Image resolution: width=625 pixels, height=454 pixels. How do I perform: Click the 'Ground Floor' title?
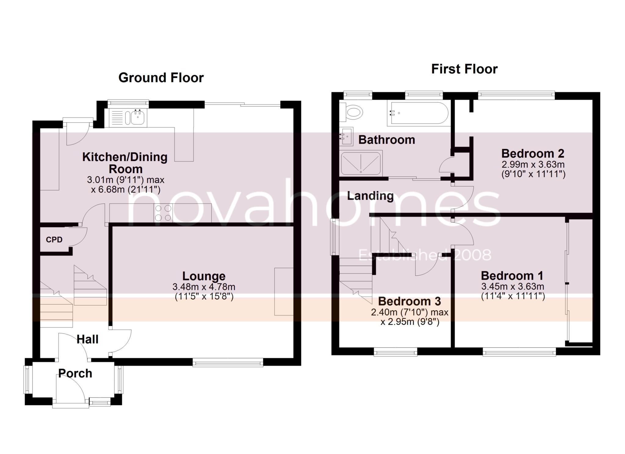[x=161, y=78]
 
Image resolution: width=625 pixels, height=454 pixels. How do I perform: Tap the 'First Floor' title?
[x=464, y=69]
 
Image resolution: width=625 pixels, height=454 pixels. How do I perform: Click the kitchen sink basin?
[x=138, y=117]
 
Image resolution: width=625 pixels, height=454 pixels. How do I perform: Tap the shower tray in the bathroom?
[x=361, y=163]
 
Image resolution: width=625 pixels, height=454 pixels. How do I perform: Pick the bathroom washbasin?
[x=346, y=136]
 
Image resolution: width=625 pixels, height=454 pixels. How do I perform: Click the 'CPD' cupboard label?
[x=54, y=240]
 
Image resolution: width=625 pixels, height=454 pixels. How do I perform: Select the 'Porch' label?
[x=75, y=374]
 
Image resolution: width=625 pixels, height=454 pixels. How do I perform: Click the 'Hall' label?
[x=87, y=339]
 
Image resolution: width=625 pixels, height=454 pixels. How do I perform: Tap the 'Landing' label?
[x=370, y=196]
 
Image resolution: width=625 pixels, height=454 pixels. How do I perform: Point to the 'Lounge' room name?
[x=204, y=276]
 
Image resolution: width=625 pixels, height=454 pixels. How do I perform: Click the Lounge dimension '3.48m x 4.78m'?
[x=204, y=287]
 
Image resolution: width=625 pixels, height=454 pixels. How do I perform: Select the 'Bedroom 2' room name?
[x=533, y=153]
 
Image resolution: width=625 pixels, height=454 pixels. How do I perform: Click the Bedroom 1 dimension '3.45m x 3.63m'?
[x=513, y=287]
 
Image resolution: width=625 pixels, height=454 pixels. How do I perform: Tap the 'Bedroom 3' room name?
[x=410, y=301]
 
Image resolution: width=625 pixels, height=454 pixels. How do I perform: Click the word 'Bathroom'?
[x=387, y=140]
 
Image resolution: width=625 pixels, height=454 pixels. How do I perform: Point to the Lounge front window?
[x=228, y=362]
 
